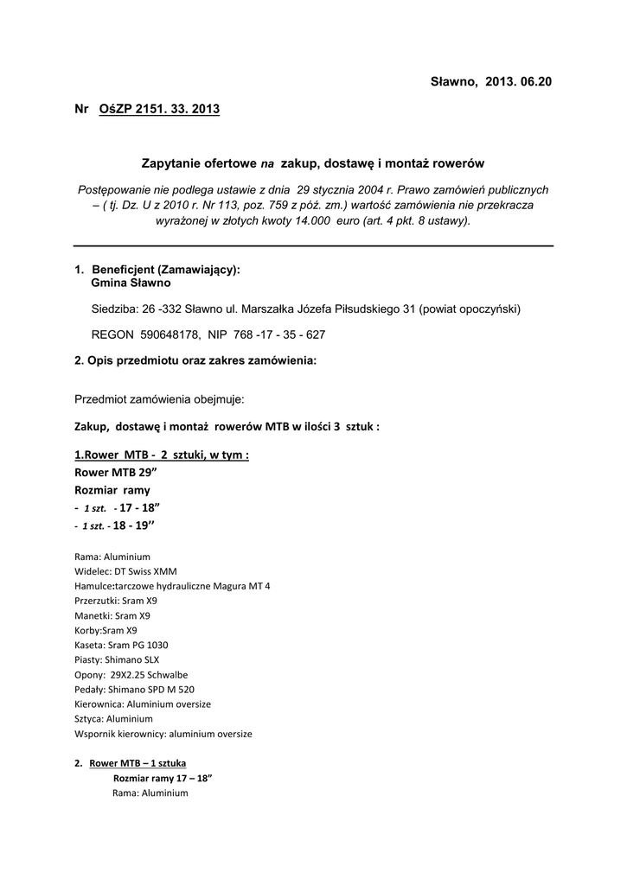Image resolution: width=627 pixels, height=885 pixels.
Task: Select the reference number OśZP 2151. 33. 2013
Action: click(154, 109)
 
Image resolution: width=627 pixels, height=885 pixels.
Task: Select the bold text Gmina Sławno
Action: click(131, 283)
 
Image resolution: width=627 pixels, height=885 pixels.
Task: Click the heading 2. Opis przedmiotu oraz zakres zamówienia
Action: click(196, 360)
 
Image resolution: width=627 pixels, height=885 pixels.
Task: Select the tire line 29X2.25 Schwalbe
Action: click(149, 674)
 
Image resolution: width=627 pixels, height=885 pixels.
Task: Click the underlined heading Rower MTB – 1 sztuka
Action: click(138, 763)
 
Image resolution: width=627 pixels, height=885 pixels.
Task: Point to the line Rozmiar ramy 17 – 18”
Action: click(163, 778)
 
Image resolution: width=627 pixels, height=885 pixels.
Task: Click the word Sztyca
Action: click(90, 718)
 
